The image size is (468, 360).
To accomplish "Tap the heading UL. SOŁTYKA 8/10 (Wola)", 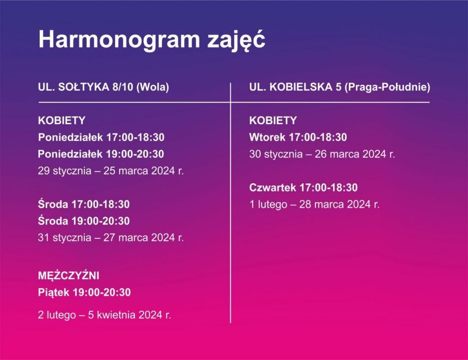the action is pos(103,87).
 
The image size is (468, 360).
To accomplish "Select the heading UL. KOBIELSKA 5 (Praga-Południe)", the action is pos(339,87).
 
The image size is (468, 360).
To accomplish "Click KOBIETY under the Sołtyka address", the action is pos(62,121).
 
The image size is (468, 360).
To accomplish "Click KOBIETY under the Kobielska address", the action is pos(273,121).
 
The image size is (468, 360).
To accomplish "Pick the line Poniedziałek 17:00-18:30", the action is pos(101,137).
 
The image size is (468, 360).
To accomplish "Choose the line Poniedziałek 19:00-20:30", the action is pos(101,154).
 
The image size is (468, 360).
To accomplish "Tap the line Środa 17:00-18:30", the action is pos(84,204).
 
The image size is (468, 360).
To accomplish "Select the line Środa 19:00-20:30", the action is pos(84,221).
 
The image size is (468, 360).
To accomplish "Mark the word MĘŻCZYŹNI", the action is pos(68,275).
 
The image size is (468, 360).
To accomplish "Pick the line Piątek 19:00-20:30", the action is pos(84,293).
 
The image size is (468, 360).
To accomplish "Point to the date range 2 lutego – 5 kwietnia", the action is pos(100,315).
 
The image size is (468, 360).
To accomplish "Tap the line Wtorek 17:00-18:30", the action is pos(298,137).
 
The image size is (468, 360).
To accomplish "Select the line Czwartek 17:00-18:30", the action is pos(303,188).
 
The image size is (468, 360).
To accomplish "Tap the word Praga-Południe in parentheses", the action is pos(387,87).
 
